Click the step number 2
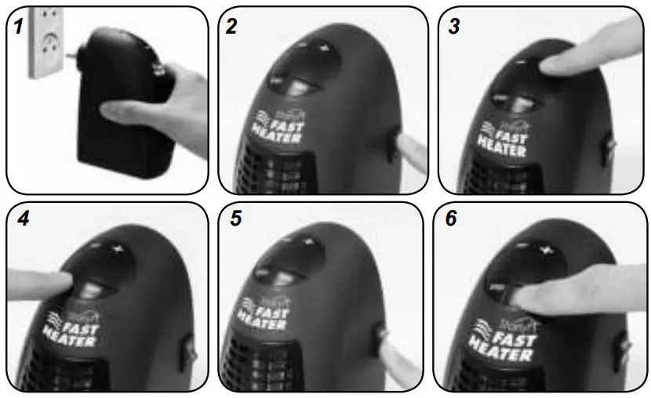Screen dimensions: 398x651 point(231,25)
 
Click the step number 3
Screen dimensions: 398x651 point(453,25)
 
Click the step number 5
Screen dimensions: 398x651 point(236,220)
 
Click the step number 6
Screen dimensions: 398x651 point(451,220)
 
